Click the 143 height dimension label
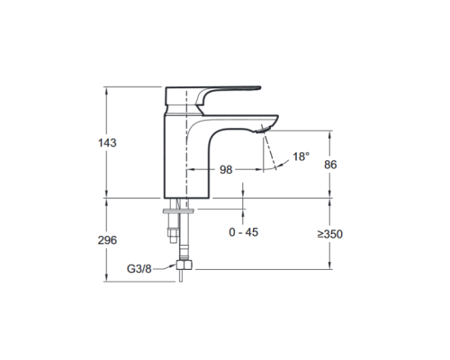coord(107,143)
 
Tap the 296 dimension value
coord(107,240)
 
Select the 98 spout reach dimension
coord(226,170)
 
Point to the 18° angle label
coord(301,157)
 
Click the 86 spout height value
coord(330,165)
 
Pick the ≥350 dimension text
coord(330,234)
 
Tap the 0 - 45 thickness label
coord(243,232)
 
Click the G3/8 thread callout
coord(139,269)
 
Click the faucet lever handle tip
coord(260,88)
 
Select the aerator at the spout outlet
coord(263,130)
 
